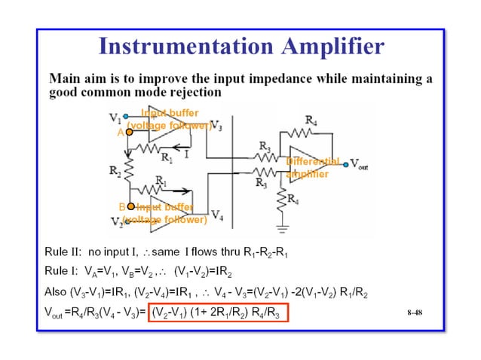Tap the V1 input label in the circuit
point(115,117)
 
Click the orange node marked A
point(129,132)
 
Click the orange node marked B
point(130,206)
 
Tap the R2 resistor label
point(114,171)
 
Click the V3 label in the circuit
point(216,126)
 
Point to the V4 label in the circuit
point(216,215)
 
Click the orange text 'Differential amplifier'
point(311,167)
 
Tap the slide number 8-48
point(413,310)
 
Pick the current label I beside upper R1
point(185,153)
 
